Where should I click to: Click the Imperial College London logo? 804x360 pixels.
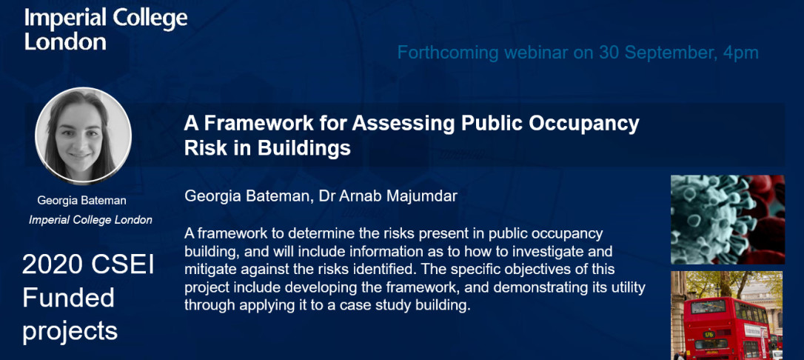coord(106,30)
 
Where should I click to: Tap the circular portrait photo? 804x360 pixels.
coord(83,136)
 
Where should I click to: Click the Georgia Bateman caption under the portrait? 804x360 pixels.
coord(82,201)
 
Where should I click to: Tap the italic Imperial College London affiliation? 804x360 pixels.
coord(91,220)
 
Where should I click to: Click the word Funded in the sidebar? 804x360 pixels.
coord(68,298)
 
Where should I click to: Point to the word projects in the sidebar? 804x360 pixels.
coord(70,332)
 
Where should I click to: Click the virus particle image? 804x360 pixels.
coord(728,219)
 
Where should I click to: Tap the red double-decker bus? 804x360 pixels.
coord(728,329)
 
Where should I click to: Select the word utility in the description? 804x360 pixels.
coord(626,287)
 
